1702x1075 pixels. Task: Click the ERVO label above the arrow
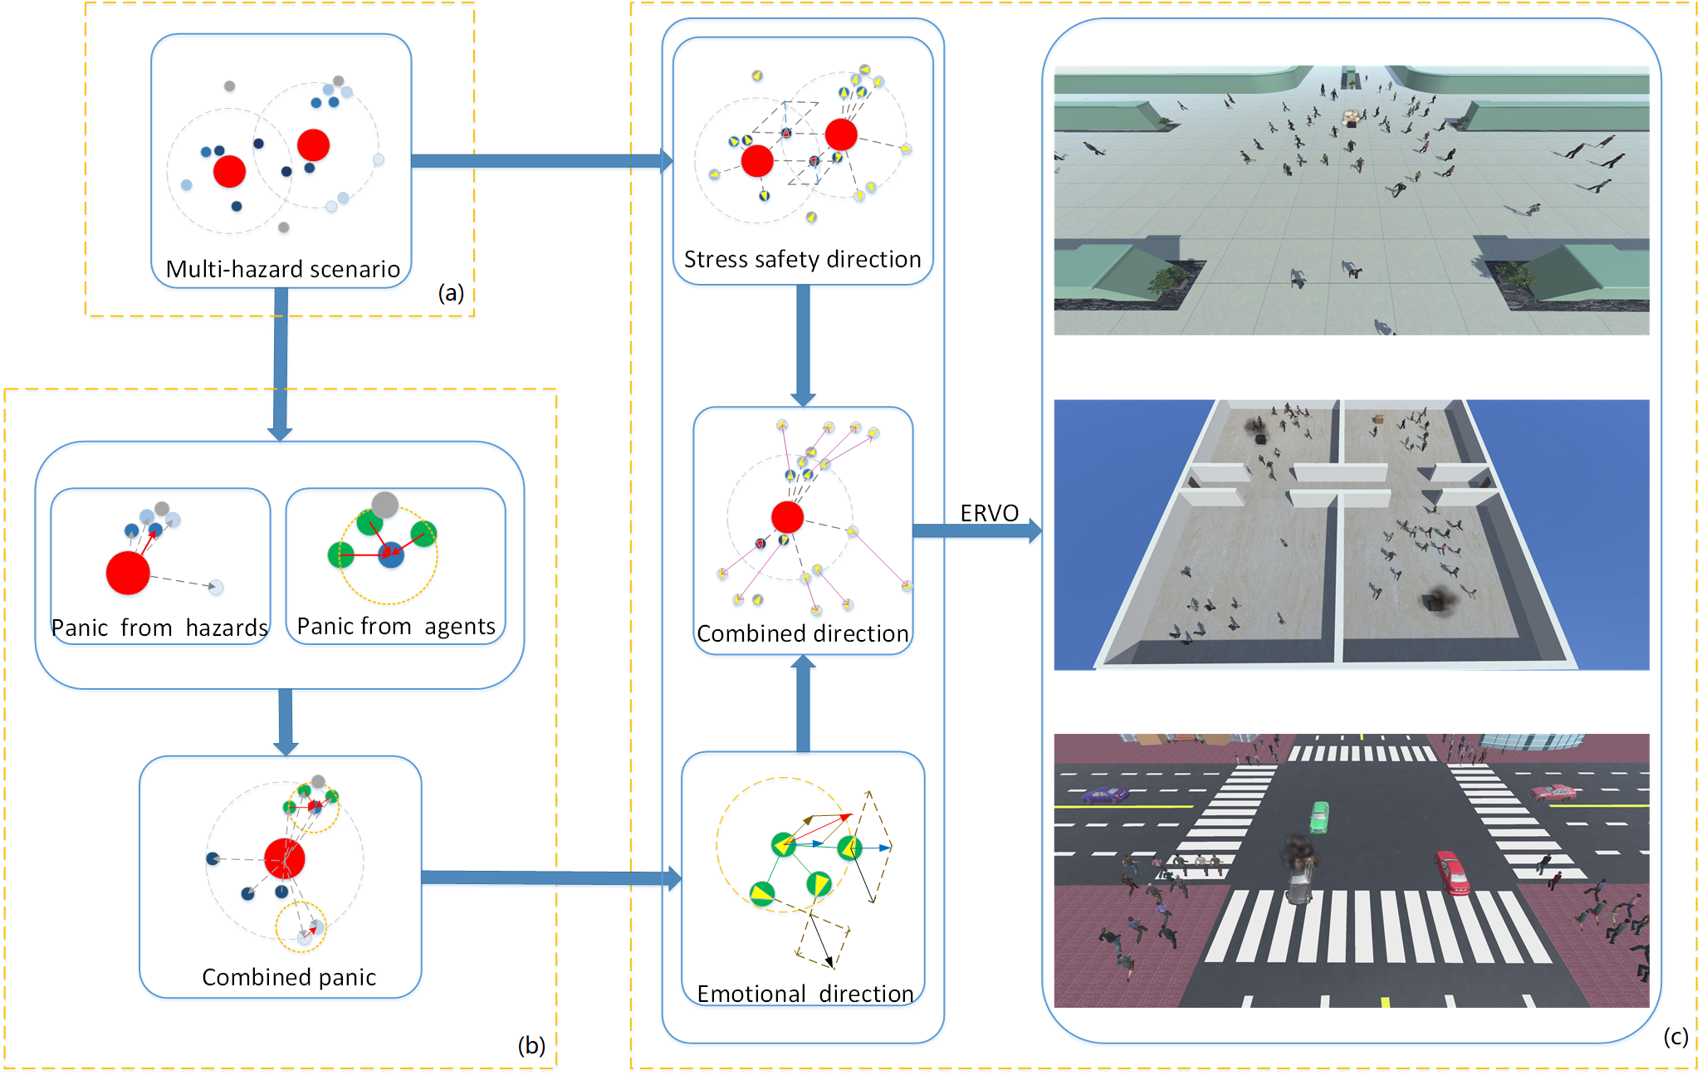pyautogui.click(x=988, y=513)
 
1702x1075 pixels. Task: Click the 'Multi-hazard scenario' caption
pyautogui.click(x=282, y=269)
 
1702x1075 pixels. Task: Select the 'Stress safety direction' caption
pyautogui.click(x=802, y=259)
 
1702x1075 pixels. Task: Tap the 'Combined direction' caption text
pyautogui.click(x=802, y=633)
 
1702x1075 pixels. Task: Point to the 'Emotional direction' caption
pyautogui.click(x=805, y=994)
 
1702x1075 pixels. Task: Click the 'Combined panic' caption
pyautogui.click(x=289, y=977)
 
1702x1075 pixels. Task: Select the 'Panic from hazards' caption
pyautogui.click(x=159, y=628)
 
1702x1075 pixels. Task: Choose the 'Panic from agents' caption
pyautogui.click(x=396, y=626)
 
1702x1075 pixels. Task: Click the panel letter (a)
pyautogui.click(x=451, y=292)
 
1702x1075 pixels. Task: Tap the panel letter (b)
pyautogui.click(x=531, y=1044)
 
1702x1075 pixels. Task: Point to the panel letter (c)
pyautogui.click(x=1675, y=1036)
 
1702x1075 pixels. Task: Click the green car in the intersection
pyautogui.click(x=1319, y=816)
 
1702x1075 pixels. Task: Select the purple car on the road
pyautogui.click(x=1103, y=794)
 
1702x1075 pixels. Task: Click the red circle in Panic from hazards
pyautogui.click(x=128, y=573)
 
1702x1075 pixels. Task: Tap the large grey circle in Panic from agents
pyautogui.click(x=384, y=504)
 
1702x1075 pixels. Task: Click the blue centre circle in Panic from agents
pyautogui.click(x=390, y=555)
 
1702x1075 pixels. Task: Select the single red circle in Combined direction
pyautogui.click(x=787, y=517)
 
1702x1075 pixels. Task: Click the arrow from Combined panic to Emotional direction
pyautogui.click(x=548, y=877)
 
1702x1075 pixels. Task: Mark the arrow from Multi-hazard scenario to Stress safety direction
pyautogui.click(x=540, y=161)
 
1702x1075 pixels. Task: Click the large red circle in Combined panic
pyautogui.click(x=285, y=858)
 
